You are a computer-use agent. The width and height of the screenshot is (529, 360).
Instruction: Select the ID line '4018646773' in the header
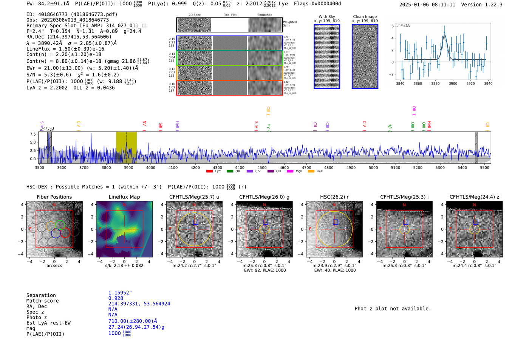72,14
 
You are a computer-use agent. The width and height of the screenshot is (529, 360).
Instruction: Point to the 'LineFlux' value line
65,49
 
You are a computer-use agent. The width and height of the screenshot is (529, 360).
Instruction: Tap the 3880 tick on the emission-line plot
435,83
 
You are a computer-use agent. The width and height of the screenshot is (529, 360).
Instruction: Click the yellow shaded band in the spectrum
126,147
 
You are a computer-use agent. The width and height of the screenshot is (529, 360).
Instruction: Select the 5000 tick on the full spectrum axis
373,167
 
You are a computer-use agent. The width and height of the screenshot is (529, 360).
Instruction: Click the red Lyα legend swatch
209,172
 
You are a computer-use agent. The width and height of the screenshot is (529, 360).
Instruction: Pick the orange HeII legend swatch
311,172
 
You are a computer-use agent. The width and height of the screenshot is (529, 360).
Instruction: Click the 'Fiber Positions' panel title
54,197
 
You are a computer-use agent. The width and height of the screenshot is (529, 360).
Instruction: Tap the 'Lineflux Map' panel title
124,197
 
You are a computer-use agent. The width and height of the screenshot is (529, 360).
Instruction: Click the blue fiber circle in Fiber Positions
56,233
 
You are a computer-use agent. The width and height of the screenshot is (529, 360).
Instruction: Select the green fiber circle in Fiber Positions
60,225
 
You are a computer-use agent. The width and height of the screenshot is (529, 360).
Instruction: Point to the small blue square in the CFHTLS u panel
195,222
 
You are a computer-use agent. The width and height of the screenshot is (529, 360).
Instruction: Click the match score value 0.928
116,298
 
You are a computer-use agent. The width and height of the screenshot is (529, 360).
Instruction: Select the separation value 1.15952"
120,293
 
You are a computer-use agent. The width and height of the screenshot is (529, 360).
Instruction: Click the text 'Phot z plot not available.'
392,309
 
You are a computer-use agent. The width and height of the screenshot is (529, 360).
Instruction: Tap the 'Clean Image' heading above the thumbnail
365,17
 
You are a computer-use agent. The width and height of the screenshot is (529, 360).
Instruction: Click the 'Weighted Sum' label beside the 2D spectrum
289,24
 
